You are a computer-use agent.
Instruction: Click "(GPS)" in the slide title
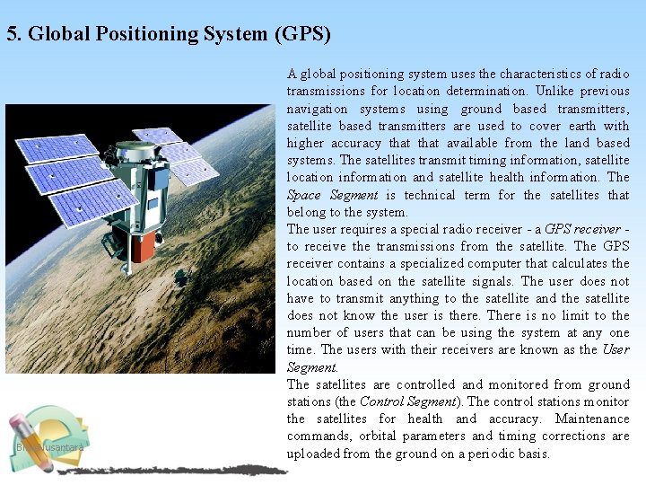tap(302, 35)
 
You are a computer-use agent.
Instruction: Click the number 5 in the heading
tap(12, 35)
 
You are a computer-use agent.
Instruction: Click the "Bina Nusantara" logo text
tap(49, 446)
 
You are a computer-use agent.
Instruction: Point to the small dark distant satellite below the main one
tap(183, 276)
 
